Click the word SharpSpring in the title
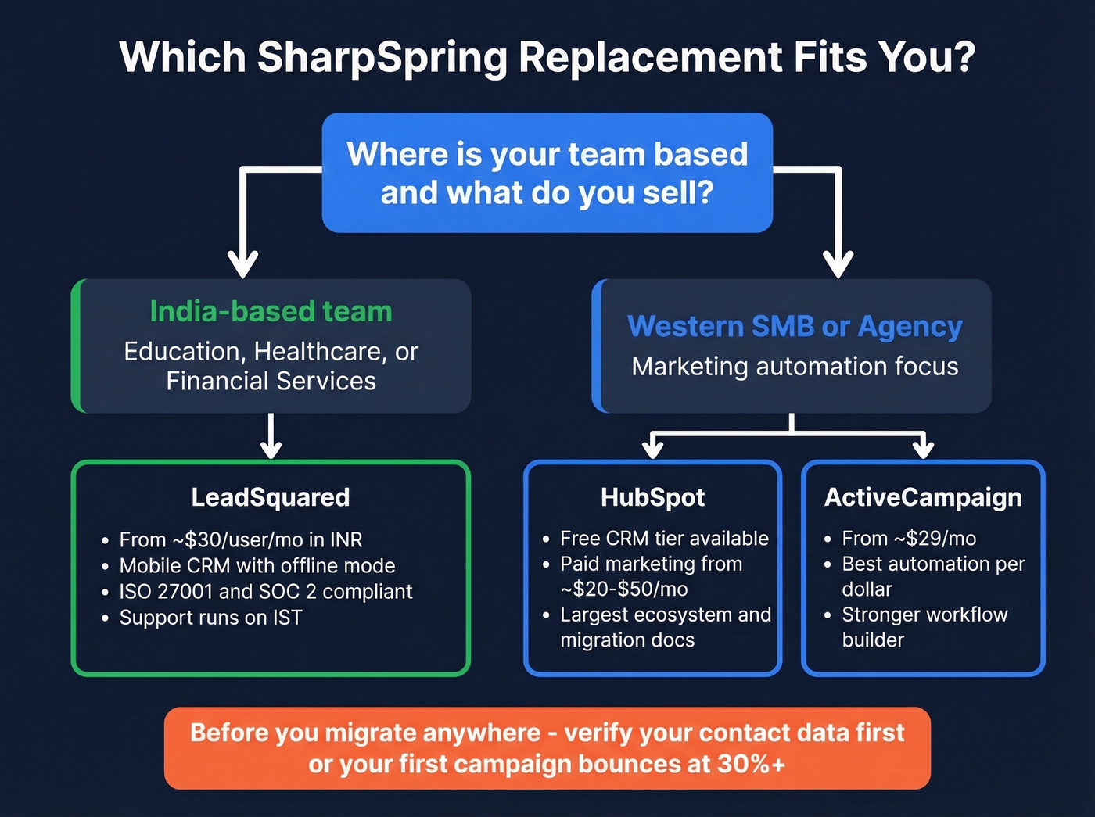(382, 57)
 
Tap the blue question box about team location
(547, 173)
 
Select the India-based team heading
(271, 311)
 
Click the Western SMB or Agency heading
(795, 326)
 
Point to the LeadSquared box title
(271, 497)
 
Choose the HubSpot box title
(652, 497)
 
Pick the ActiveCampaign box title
(923, 497)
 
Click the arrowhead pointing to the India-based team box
(243, 263)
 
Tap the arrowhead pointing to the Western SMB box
(838, 263)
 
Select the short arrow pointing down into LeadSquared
(271, 438)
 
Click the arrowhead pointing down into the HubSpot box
(652, 447)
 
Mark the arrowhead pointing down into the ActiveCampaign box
(924, 447)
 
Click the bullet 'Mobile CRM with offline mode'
(257, 565)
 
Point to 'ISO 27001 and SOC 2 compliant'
(265, 591)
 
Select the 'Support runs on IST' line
(210, 617)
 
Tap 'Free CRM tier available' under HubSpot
(664, 538)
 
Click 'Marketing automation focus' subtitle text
(795, 366)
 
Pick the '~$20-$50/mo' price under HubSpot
(624, 589)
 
